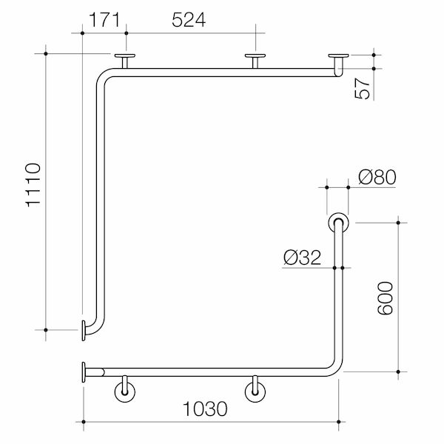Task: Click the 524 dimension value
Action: (189, 20)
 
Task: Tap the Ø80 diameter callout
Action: (377, 177)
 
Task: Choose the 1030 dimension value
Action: (204, 408)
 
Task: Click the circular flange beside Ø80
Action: (340, 222)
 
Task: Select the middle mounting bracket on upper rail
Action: (256, 59)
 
